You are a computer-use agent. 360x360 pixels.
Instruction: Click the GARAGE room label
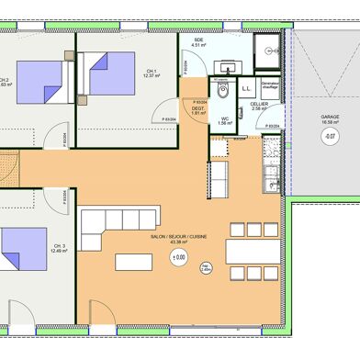tap(328, 118)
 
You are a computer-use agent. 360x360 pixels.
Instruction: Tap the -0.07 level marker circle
tap(328, 137)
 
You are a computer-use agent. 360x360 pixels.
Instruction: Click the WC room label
tap(224, 118)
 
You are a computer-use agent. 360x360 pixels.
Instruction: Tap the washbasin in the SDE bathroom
tap(225, 67)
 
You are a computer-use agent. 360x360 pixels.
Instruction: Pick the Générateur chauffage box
tap(270, 85)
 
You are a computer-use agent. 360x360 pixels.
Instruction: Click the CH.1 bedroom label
tap(152, 73)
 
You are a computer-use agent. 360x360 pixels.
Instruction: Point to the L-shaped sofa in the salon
tap(110, 230)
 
